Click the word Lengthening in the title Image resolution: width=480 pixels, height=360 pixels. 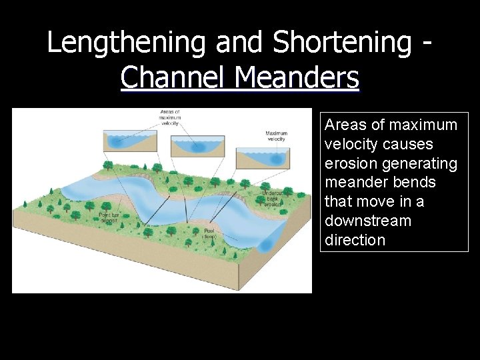click(127, 42)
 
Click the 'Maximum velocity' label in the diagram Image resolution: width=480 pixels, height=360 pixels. click(276, 136)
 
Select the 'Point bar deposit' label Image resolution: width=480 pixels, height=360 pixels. click(109, 217)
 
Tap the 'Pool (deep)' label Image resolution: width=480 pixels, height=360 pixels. click(209, 233)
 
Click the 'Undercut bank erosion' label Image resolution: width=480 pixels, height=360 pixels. click(273, 199)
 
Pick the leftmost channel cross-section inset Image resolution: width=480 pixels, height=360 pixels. click(130, 141)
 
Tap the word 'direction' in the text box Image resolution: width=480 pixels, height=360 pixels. click(355, 240)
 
